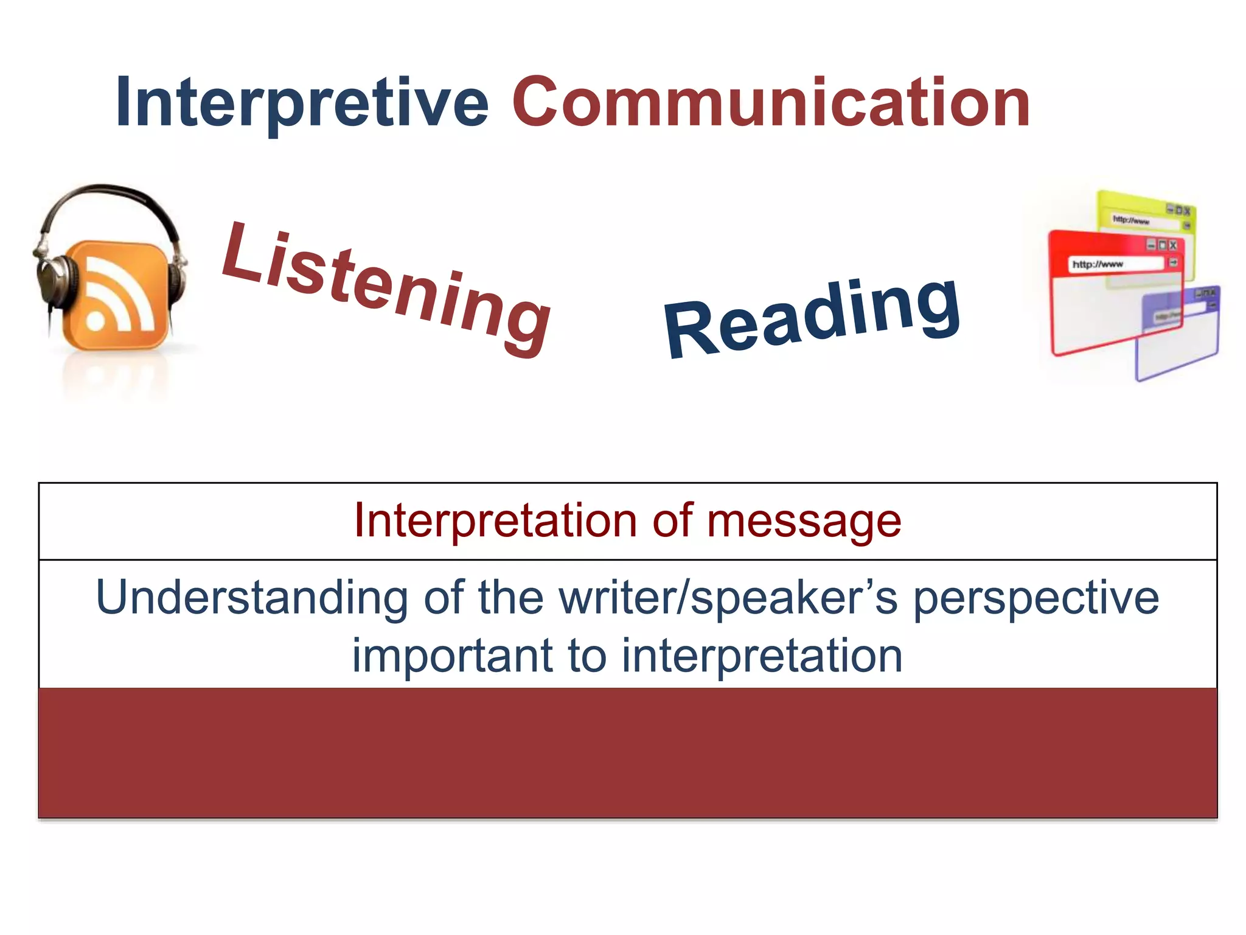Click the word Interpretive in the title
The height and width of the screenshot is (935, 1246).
[x=301, y=102]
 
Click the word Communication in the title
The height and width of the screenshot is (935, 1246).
[x=771, y=102]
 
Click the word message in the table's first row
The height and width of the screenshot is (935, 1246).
[x=803, y=521]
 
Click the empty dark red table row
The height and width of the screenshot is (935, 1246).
[x=627, y=753]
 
